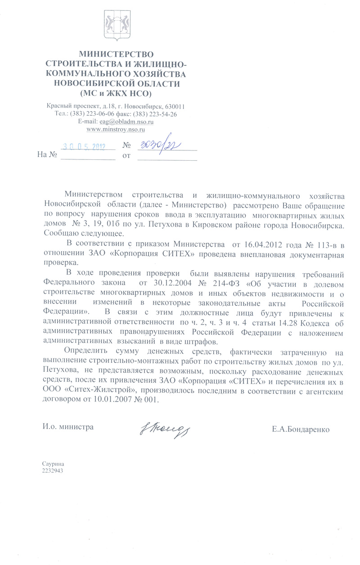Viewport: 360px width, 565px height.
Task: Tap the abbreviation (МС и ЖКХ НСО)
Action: [116, 94]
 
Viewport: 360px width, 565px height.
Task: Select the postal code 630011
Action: [173, 107]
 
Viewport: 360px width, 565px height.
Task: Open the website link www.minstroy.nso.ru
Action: [115, 129]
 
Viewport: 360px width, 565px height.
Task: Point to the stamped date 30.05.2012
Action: [84, 146]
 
